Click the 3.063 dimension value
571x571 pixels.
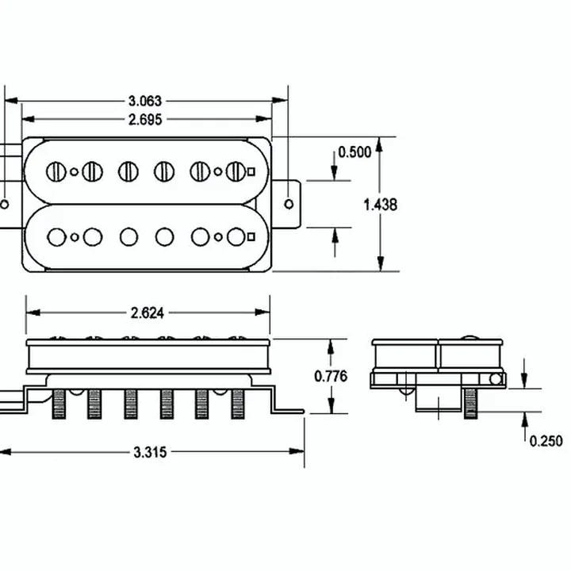click(145, 101)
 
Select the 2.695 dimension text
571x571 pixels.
click(145, 120)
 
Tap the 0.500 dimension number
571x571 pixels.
click(354, 151)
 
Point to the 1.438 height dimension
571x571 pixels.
click(381, 205)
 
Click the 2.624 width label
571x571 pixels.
click(148, 312)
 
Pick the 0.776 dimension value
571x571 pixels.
click(331, 376)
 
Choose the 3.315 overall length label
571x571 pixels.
click(150, 452)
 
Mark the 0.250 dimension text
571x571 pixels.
click(546, 441)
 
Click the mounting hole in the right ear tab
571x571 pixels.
click(289, 204)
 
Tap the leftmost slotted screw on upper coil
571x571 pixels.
click(56, 171)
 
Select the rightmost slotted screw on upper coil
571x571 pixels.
click(236, 171)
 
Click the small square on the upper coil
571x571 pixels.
click(251, 171)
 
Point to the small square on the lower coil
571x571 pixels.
click(251, 237)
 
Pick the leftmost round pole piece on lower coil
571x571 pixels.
click(57, 237)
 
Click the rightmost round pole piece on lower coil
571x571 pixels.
click(236, 237)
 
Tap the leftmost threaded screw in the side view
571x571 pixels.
click(59, 404)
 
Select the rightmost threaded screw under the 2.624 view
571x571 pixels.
click(238, 404)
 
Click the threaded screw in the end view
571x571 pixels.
click(470, 404)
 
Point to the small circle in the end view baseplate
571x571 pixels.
click(496, 379)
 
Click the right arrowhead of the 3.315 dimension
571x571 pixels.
click(297, 451)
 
